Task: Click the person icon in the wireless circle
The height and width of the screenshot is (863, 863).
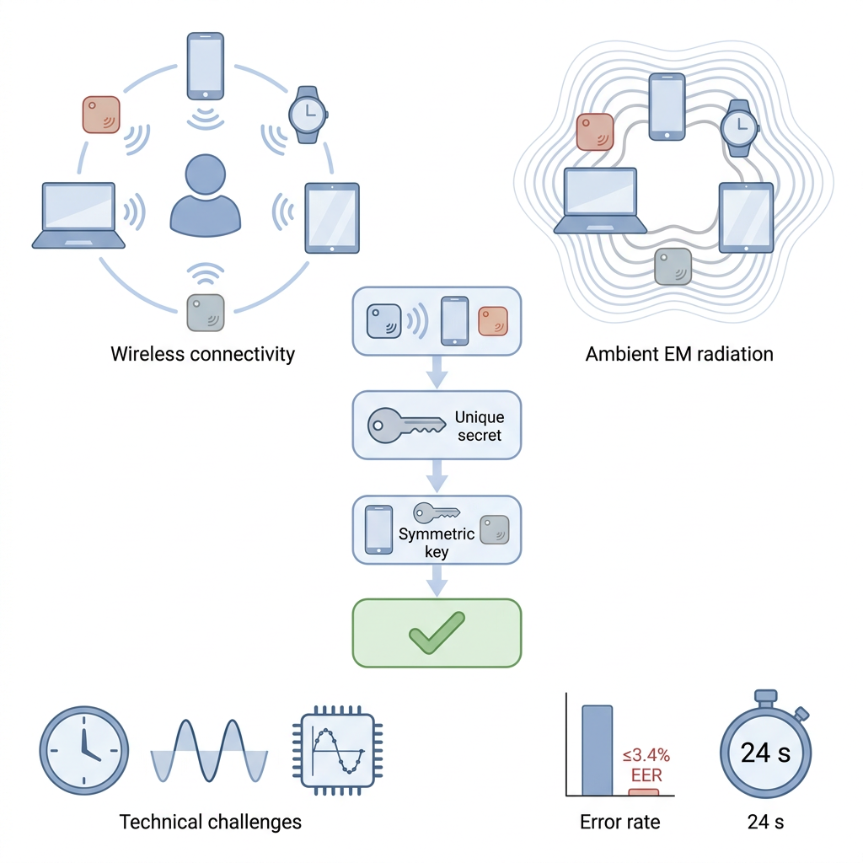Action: (x=206, y=196)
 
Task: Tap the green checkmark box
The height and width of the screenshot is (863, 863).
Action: (x=437, y=633)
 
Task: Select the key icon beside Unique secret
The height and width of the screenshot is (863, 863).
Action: (x=406, y=426)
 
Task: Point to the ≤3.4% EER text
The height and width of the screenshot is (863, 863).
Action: (x=646, y=765)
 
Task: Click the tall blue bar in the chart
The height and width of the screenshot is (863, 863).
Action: (x=598, y=750)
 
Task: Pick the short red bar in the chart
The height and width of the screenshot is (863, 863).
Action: (x=643, y=792)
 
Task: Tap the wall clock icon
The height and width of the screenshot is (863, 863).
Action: (x=84, y=750)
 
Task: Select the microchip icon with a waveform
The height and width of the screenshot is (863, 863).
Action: (x=337, y=750)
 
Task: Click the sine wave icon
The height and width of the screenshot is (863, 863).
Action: (x=209, y=751)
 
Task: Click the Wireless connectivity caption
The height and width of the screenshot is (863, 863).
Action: (x=202, y=354)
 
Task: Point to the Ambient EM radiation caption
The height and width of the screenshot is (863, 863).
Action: (x=679, y=354)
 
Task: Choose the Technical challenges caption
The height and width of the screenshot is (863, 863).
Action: (x=210, y=822)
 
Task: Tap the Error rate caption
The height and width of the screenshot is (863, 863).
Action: (x=619, y=822)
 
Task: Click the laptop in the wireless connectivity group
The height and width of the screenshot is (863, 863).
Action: (x=78, y=216)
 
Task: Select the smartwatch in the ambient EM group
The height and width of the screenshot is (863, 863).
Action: (x=740, y=128)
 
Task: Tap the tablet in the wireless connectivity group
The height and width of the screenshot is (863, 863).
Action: (x=332, y=218)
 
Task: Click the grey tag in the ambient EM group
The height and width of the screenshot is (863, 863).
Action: (x=673, y=266)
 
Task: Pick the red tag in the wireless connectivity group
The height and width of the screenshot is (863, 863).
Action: (x=101, y=115)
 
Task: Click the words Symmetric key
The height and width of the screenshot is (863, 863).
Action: (x=437, y=543)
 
